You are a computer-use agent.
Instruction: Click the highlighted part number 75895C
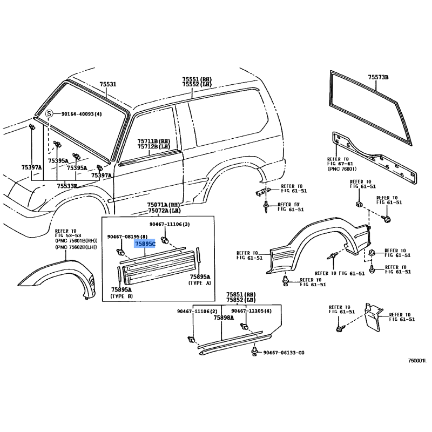tap(145, 244)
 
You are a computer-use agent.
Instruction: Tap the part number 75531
tap(107, 85)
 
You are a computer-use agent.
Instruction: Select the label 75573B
tap(379, 78)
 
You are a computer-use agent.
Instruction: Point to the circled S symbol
tap(49, 114)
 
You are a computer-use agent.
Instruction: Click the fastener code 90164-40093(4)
tap(81, 114)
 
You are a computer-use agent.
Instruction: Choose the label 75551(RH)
tap(197, 79)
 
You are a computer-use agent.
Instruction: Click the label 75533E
tap(66, 186)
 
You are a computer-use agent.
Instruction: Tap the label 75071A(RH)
tap(164, 205)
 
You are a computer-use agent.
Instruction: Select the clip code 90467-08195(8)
tap(127, 237)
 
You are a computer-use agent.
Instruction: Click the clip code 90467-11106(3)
tap(170, 224)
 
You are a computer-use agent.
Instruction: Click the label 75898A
tap(223, 318)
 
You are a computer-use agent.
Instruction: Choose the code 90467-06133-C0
tap(283, 352)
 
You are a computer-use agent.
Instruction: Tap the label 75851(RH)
tap(241, 294)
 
